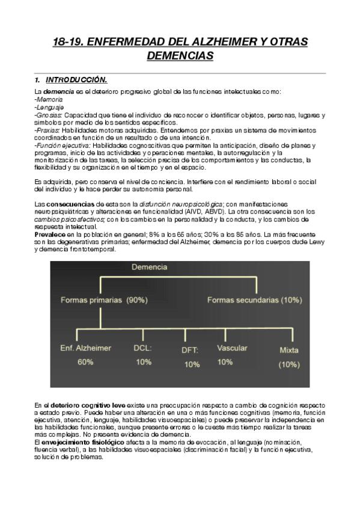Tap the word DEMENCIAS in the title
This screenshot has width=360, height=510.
(180, 56)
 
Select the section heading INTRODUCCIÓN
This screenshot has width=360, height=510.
(76, 80)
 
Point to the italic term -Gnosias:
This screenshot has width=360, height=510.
(49, 114)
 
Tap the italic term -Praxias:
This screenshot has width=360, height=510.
(48, 129)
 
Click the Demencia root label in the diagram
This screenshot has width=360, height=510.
(150, 267)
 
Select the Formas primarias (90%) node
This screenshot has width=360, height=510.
(103, 300)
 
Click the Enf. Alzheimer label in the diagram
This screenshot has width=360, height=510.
(85, 348)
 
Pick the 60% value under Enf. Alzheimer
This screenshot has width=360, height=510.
(85, 362)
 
